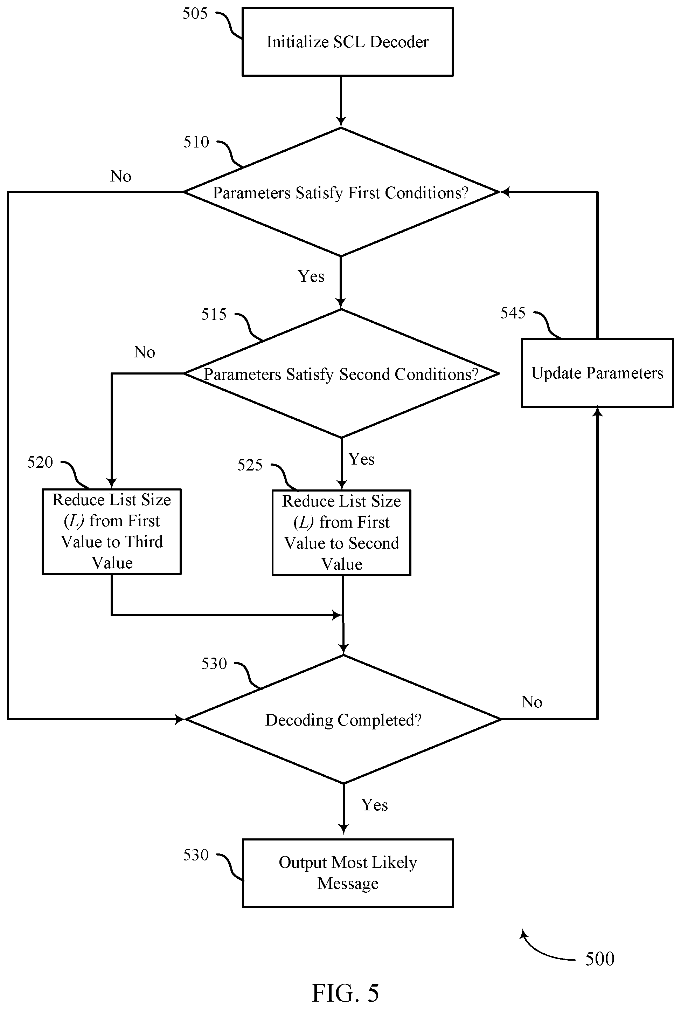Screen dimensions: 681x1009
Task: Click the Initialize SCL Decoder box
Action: [x=347, y=42]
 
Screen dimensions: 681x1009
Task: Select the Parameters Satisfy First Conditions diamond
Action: [x=341, y=192]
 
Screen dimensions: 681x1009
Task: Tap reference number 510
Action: [x=196, y=142]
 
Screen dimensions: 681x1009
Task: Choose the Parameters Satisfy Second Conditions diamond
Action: [x=341, y=373]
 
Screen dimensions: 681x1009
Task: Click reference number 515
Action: [x=214, y=314]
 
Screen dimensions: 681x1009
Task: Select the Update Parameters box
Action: [x=597, y=373]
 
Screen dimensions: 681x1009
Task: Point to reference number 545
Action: [x=513, y=313]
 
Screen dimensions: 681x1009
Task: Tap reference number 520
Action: [x=40, y=462]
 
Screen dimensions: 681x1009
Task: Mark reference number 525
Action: [x=250, y=465]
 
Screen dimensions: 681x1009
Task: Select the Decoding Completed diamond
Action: [x=343, y=719]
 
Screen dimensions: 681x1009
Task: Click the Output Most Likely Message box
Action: [x=348, y=873]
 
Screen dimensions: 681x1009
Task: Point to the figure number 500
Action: [x=599, y=959]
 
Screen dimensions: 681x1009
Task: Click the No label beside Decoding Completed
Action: [x=532, y=702]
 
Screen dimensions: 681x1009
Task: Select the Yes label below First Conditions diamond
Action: [x=311, y=276]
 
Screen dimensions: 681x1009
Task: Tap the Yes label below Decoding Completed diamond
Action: [x=374, y=805]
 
